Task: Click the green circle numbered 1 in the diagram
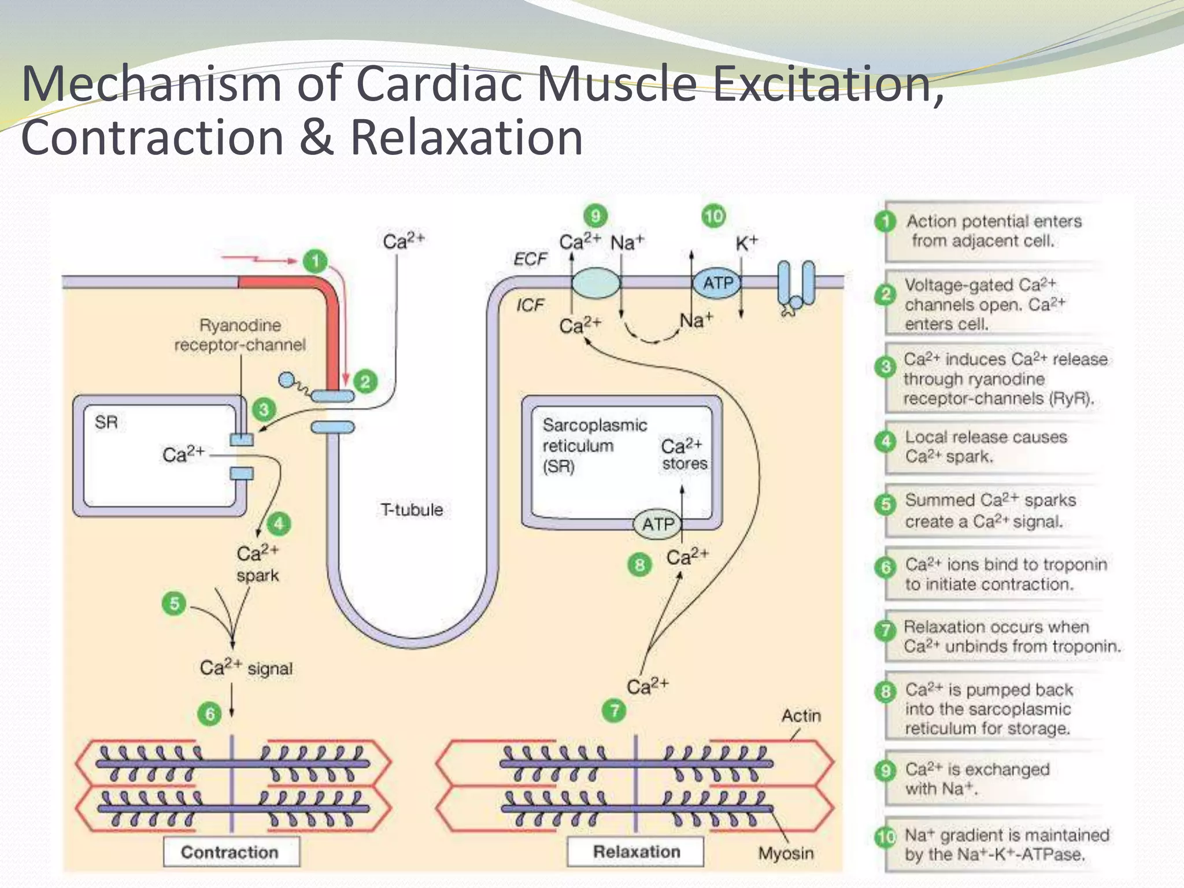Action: coord(315,261)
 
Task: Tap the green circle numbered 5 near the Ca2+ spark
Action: coord(174,604)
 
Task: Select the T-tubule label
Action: coord(412,510)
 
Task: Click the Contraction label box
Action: coord(231,852)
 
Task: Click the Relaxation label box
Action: coord(636,852)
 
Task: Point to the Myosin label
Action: coord(786,853)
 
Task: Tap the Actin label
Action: coord(801,716)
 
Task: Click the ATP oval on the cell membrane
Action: coord(717,283)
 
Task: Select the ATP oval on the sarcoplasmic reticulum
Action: coord(658,524)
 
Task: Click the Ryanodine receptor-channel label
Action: coord(240,335)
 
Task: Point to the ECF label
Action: coord(530,259)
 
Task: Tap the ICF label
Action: coord(530,305)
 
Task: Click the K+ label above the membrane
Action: coord(746,243)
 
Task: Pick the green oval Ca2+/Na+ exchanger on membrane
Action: coord(595,283)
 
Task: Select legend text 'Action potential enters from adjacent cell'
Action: coord(993,231)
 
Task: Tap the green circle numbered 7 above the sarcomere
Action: coord(615,710)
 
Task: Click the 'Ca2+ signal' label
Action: coord(246,668)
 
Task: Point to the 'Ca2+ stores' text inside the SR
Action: coord(684,454)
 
